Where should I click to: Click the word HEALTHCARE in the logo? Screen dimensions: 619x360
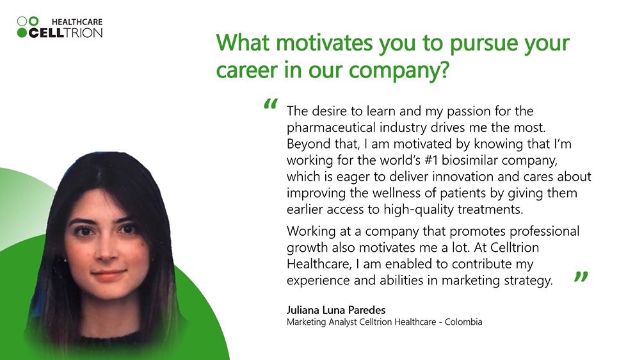point(77,22)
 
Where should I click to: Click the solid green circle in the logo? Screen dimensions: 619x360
point(22,33)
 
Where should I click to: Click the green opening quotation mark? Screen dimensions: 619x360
point(271,104)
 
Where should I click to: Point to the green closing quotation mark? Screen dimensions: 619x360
point(581,277)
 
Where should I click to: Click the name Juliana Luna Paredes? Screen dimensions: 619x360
point(336,310)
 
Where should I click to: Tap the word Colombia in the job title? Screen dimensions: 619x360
point(463,322)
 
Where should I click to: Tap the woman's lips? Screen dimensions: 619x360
point(108,274)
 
